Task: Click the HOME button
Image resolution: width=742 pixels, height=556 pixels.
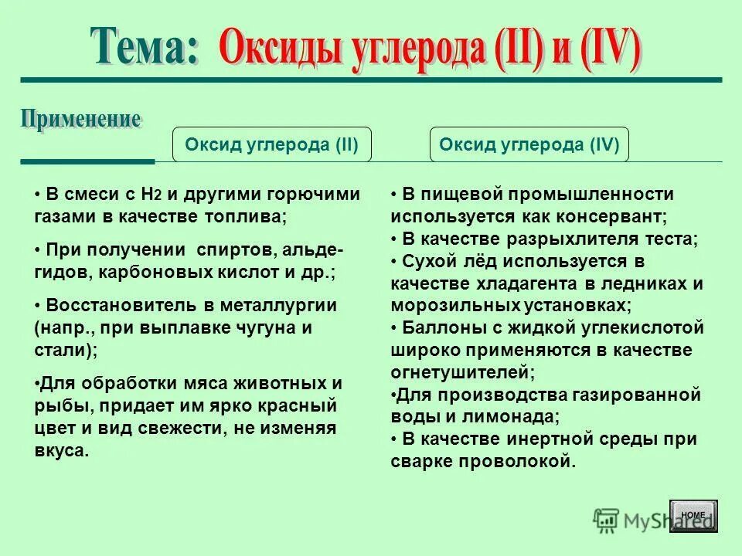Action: [x=693, y=515]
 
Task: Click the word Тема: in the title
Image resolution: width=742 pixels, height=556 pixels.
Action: [x=144, y=47]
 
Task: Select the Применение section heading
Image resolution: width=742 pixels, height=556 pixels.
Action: [x=80, y=120]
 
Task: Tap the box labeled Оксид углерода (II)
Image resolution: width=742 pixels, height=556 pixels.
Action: [x=271, y=144]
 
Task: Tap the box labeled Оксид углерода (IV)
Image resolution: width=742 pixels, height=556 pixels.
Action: [x=529, y=144]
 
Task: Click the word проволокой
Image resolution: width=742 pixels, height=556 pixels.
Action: [x=521, y=462]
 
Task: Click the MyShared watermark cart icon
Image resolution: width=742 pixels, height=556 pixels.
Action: [x=605, y=519]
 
